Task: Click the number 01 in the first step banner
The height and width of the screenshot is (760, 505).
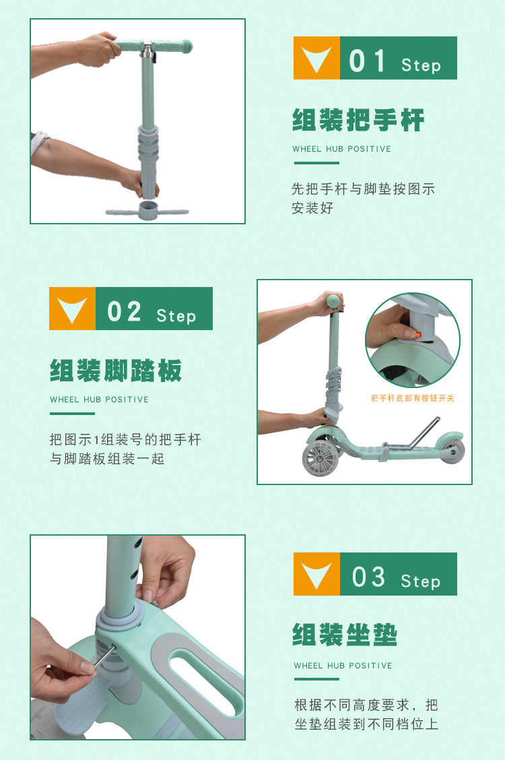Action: pos(367,61)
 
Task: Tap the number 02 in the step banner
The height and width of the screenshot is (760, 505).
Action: pos(124,312)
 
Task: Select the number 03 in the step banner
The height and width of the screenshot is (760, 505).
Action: pos(368,577)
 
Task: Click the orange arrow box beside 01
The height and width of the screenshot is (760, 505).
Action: pos(316,58)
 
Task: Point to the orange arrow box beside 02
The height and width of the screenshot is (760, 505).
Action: pos(72,309)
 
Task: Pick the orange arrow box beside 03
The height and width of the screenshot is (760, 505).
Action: pos(316,574)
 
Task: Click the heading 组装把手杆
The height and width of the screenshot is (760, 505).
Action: pos(358,120)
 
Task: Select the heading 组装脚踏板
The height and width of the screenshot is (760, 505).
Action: pos(116,371)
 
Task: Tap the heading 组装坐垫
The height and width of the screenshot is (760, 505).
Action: pos(345,635)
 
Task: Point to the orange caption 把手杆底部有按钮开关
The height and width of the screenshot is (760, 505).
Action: pos(413,398)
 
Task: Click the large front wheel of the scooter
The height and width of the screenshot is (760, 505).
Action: pos(320,457)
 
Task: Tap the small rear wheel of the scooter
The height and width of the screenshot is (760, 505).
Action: pos(452,451)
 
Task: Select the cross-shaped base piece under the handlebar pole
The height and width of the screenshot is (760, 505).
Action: pos(147,212)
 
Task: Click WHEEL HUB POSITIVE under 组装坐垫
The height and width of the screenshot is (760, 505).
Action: pos(343,666)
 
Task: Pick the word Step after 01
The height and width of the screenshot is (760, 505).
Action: pos(421,65)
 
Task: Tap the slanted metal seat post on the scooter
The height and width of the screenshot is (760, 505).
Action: pos(423,433)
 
